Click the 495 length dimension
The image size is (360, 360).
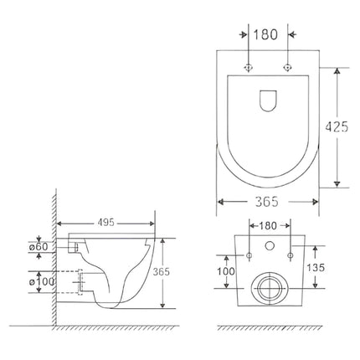tap(105, 224)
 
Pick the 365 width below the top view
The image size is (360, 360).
tap(265, 202)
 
